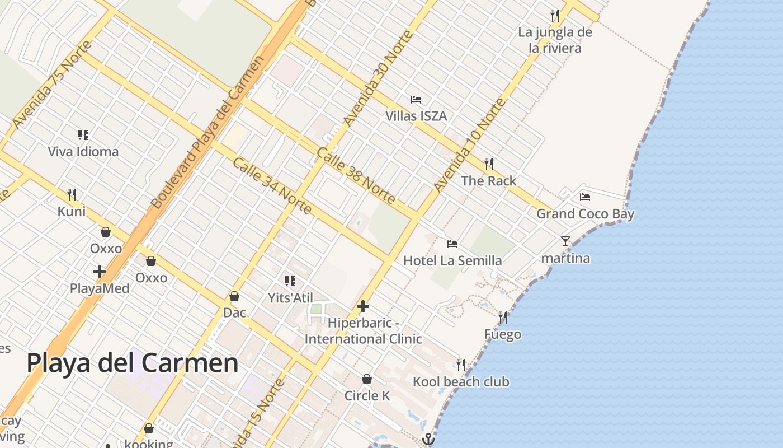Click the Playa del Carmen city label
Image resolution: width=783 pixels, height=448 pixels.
tap(133, 363)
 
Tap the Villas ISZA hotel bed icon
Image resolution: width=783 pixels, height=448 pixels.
tap(416, 100)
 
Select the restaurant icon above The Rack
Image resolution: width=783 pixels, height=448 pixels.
tap(489, 164)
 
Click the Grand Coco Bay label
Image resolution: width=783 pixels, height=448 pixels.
tap(586, 214)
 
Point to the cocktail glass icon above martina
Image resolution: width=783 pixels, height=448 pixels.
tap(565, 241)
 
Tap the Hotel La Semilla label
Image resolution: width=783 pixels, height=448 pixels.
tap(452, 261)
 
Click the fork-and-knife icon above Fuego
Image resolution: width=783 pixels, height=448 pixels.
tap(503, 318)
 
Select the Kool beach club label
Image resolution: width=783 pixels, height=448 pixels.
tap(461, 382)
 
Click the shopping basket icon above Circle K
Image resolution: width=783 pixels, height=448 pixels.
tap(367, 380)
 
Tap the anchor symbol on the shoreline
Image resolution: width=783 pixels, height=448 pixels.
tap(428, 439)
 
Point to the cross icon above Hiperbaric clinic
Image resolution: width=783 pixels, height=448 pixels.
tap(363, 306)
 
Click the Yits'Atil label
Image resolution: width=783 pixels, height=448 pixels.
tap(290, 298)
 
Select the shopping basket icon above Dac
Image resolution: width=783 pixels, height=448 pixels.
tap(234, 296)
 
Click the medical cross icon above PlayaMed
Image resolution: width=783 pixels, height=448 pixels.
tap(100, 272)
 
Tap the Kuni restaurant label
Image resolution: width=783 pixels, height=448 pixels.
tap(72, 212)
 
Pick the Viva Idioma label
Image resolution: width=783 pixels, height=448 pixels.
tap(83, 152)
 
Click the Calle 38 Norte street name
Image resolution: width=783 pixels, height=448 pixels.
tap(356, 176)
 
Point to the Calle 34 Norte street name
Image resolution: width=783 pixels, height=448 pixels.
tap(272, 185)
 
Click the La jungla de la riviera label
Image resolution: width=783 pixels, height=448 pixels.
tap(555, 40)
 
